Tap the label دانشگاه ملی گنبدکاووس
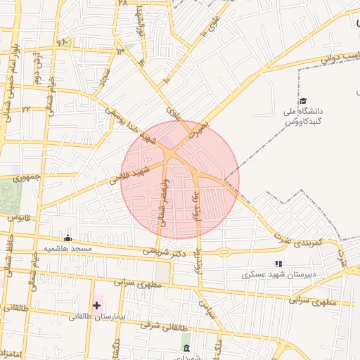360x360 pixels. click(303, 117)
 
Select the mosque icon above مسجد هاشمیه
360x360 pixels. click(67, 238)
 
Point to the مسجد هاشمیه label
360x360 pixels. click(67, 249)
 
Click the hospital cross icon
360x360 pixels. click(96, 305)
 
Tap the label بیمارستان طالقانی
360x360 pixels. click(96, 317)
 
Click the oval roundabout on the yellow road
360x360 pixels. click(224, 252)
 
